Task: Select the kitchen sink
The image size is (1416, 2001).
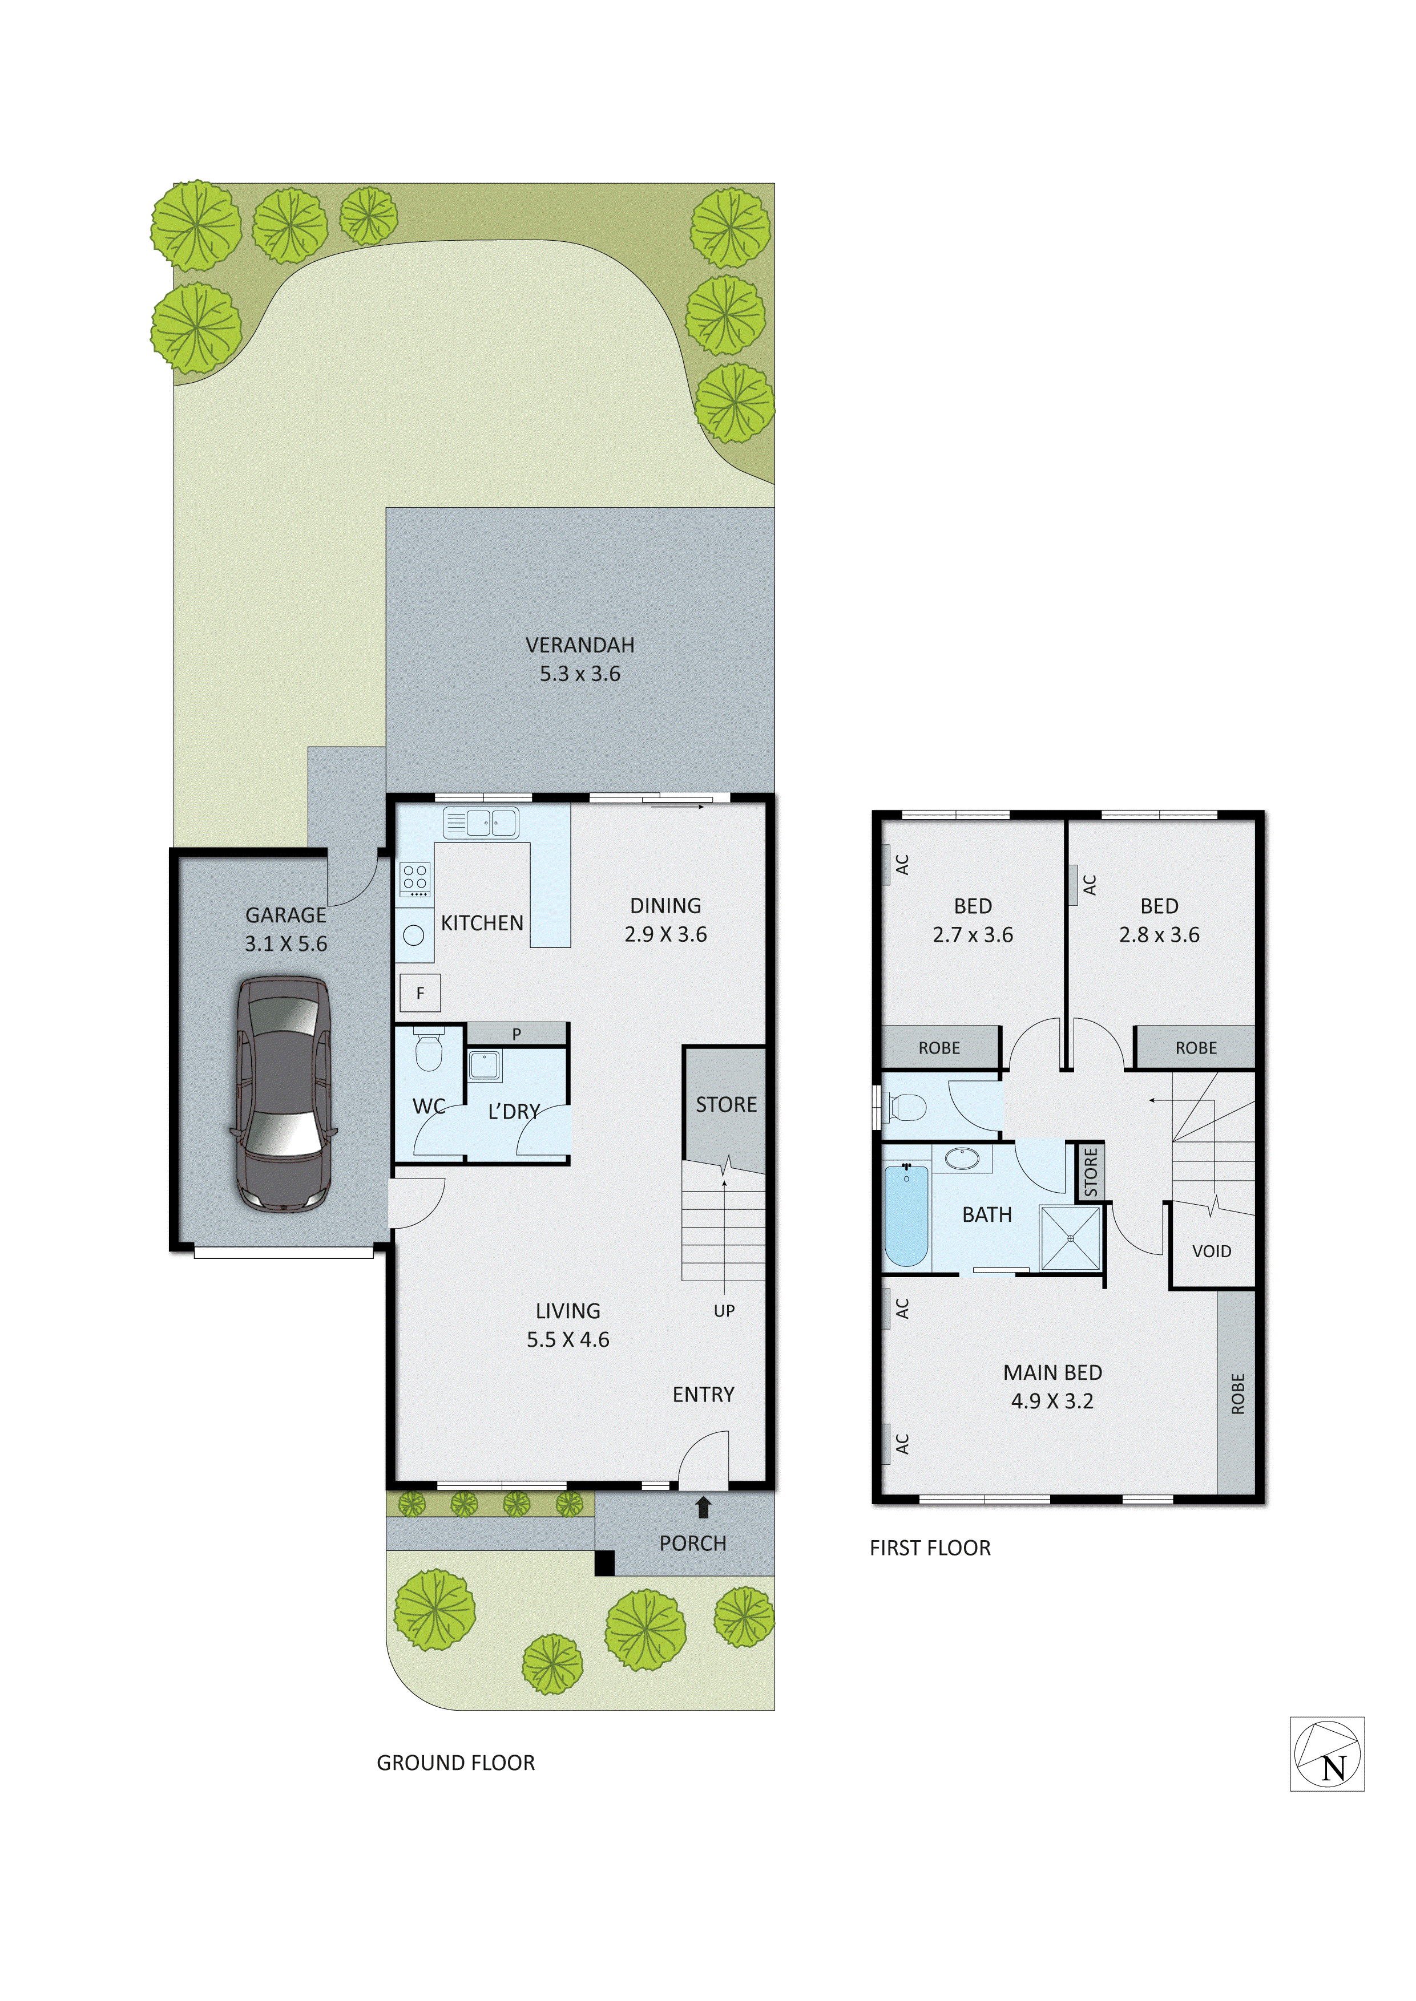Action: [481, 822]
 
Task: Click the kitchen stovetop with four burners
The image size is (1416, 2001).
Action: [415, 878]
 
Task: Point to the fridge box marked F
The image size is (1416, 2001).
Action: [420, 993]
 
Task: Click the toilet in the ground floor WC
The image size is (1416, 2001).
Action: [428, 1051]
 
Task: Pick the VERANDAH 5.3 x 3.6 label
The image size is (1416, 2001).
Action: [580, 659]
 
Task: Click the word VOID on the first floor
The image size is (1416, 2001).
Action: [1211, 1250]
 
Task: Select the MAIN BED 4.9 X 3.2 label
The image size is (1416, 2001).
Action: [1052, 1386]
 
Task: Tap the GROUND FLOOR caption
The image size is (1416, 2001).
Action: [455, 1762]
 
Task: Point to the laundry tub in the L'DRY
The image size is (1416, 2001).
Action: [485, 1065]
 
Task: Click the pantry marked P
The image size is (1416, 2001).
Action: [516, 1034]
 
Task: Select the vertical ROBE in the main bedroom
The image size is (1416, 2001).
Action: [1236, 1393]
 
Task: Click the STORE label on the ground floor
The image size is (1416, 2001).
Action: [725, 1104]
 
